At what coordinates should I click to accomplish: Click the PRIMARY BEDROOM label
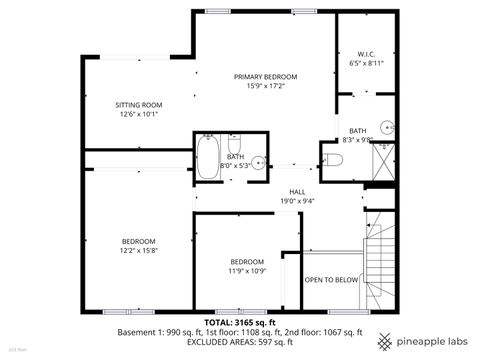[265, 76]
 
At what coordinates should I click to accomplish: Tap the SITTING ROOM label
[140, 104]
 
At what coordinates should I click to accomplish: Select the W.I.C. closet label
[365, 54]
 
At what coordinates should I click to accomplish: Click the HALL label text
[297, 192]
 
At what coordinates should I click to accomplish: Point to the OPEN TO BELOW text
[331, 280]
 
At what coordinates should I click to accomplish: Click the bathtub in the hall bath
[209, 158]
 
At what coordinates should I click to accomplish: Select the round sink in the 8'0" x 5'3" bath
[258, 163]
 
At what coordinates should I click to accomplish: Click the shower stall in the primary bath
[385, 164]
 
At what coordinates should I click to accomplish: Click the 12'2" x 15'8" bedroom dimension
[138, 250]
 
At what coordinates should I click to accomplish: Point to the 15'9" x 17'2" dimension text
[265, 86]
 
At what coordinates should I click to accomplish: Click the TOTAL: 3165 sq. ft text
[241, 322]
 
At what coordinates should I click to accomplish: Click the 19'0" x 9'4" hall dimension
[297, 201]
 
